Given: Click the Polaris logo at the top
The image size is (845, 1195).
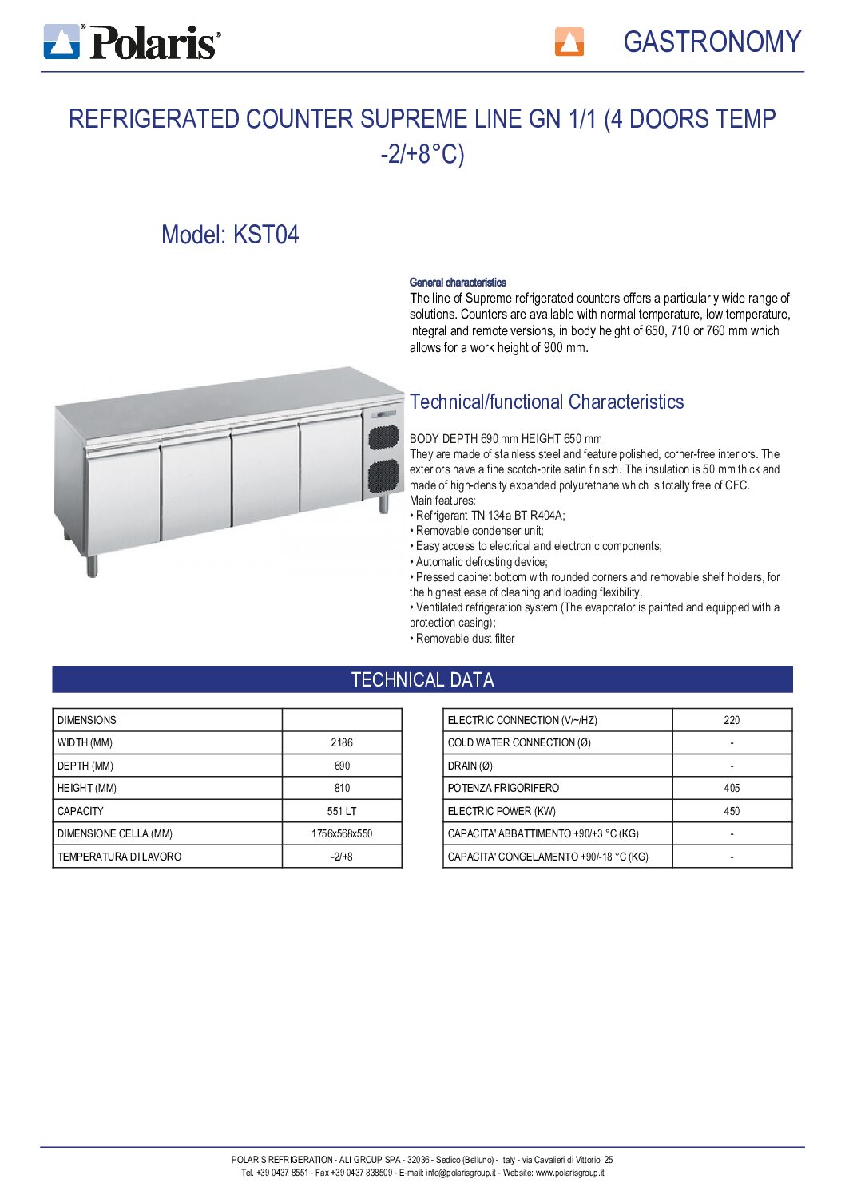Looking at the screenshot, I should pos(133,42).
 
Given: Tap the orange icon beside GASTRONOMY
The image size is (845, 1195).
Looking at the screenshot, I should pos(569,42).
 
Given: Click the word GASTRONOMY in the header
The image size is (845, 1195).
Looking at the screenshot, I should pos(711,42).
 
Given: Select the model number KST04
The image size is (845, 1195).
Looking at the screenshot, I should pos(265,235).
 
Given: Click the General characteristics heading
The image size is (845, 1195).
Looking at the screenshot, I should pos(458,283).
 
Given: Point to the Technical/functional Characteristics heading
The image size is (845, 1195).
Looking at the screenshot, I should pos(546,402).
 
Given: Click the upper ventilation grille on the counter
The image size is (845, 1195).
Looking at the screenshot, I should pos(383,437).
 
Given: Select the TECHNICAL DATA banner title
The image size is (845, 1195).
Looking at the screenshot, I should pos(422,679).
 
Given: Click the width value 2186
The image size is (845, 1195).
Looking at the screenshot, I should pos(342,742).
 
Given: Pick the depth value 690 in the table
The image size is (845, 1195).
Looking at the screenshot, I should pos(342,766).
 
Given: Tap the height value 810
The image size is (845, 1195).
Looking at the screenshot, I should pos(342,788).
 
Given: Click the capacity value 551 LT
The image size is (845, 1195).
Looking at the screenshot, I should pos(342,811).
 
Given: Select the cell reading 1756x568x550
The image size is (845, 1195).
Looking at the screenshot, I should pos(342,833).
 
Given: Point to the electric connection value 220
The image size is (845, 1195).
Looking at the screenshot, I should pos(732,720).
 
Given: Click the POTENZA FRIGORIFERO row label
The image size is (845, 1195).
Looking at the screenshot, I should pos(503,788).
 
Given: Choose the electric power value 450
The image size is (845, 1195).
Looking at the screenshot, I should pos(732,811).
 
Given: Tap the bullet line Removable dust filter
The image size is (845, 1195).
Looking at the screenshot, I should pos(465,639).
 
